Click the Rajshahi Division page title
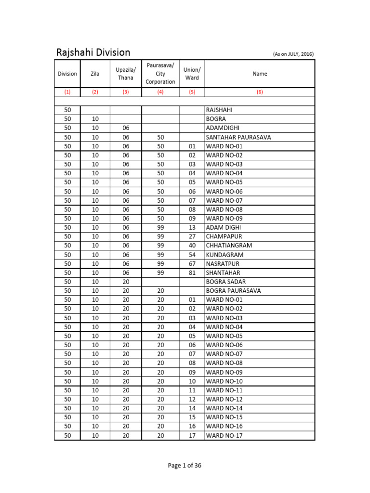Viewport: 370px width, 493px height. tap(93, 52)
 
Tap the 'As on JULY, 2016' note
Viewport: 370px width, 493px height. tap(293, 54)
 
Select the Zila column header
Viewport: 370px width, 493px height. tap(95, 74)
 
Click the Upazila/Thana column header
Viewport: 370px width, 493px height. tap(125, 74)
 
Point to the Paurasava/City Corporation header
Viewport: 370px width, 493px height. tap(160, 74)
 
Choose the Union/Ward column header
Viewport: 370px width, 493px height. tap(192, 74)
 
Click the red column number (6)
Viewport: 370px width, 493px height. tap(260, 91)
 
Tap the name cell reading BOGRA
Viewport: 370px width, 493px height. tap(216, 119)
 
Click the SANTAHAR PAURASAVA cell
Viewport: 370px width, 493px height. tap(238, 137)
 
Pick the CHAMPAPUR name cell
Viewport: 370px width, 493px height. tap(224, 236)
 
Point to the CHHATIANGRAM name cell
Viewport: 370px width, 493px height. tap(229, 246)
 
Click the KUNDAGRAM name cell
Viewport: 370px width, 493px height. tap(225, 255)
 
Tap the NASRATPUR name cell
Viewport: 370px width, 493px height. tap(223, 264)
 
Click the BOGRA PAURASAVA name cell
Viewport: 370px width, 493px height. tap(234, 291)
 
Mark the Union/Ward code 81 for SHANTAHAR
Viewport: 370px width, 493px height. tap(192, 272)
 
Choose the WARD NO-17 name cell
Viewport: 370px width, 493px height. tap(224, 436)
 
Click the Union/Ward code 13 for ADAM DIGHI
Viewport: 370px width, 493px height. tap(192, 227)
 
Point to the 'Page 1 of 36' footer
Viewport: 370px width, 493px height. tap(185, 466)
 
